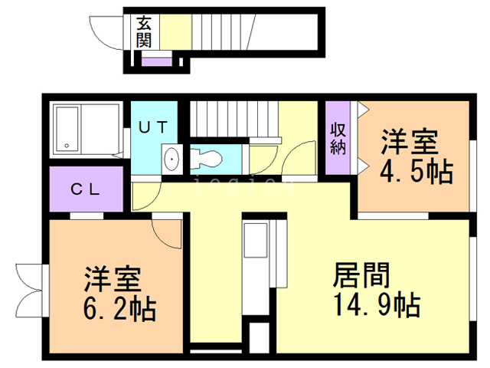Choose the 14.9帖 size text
point(375,305)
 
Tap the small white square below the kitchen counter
point(260,337)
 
